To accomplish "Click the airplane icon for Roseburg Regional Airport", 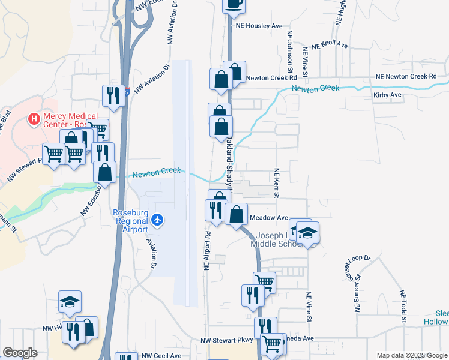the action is pos(157,220).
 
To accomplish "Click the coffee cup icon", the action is pos(234,4).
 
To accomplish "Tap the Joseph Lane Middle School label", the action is pos(277,239).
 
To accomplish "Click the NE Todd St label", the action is pos(403,307).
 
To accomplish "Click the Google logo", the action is pos(20,353).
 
